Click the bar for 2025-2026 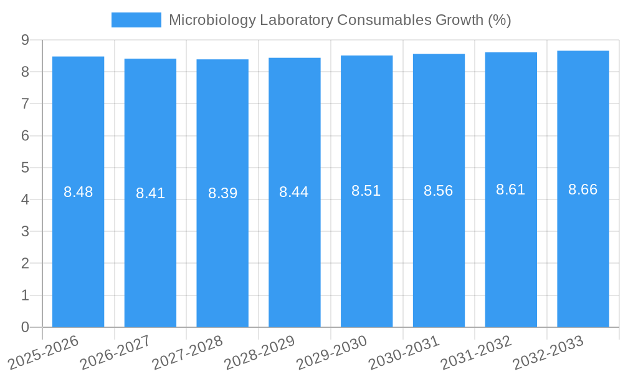pos(78,249)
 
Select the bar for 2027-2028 pos(222,249)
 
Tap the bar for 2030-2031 pos(439,249)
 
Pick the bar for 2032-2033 pos(583,249)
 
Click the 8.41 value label pos(150,193)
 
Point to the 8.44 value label pos(294,192)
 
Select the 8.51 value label pos(366,191)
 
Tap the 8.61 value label pos(511,189)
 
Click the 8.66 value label pos(583,189)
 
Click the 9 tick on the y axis pos(25,40)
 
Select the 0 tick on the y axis pos(25,327)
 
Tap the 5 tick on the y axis pos(25,168)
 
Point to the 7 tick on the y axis pos(25,103)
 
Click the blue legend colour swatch pos(136,20)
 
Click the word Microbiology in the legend pos(212,20)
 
